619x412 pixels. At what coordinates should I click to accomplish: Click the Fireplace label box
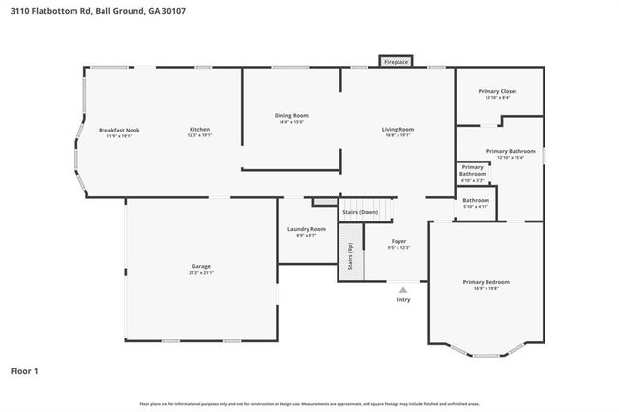pos(397,61)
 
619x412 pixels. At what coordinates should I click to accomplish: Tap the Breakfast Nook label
pos(119,130)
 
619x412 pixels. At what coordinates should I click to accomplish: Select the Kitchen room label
pos(198,130)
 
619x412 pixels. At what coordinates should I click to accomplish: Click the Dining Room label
pos(291,116)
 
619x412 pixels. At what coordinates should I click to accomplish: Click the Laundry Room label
pos(306,229)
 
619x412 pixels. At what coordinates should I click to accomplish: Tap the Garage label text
pos(200,266)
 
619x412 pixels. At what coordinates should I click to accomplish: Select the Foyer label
pos(398,241)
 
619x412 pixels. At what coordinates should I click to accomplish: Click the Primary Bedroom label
pos(486,281)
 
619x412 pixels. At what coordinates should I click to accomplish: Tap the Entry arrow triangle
pos(402,288)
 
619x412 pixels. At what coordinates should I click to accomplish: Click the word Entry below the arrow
pos(402,300)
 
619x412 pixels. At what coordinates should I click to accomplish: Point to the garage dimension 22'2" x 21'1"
pos(200,273)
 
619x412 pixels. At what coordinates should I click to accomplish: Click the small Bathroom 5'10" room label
pos(476,200)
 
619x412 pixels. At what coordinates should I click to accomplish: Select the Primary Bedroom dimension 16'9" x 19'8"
pos(486,288)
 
